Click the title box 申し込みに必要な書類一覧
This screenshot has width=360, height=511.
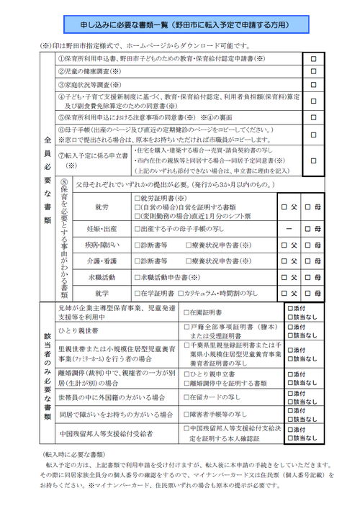[x=180, y=23]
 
